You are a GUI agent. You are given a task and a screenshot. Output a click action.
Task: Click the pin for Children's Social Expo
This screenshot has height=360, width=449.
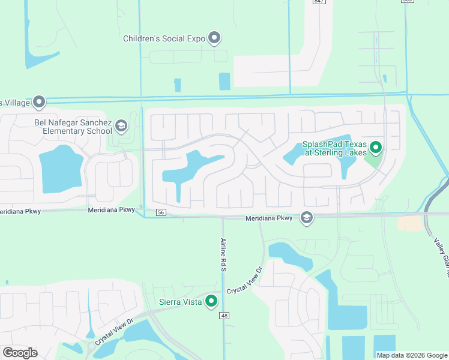click(x=214, y=38)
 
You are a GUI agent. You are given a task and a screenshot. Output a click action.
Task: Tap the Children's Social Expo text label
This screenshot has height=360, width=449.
click(x=164, y=38)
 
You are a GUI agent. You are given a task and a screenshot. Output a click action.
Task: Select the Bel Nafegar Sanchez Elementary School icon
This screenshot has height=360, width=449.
click(x=121, y=125)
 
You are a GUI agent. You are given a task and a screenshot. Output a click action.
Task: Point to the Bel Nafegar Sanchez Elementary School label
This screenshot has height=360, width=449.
click(x=73, y=127)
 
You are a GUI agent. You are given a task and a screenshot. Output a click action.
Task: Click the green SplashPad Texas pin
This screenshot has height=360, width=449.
click(x=376, y=146)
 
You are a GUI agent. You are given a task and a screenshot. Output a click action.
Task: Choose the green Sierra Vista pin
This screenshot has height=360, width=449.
click(x=211, y=301)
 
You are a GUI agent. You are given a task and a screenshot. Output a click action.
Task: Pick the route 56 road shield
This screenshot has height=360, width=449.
click(x=160, y=212)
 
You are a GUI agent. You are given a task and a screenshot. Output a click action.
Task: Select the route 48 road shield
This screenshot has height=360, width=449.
click(x=224, y=316)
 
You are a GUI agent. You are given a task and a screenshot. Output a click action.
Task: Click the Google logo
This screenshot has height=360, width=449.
click(x=20, y=352)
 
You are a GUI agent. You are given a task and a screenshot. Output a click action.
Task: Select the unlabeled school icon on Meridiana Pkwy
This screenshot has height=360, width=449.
click(x=306, y=218)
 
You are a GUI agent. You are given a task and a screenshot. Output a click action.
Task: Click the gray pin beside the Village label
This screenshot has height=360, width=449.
click(x=40, y=103)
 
